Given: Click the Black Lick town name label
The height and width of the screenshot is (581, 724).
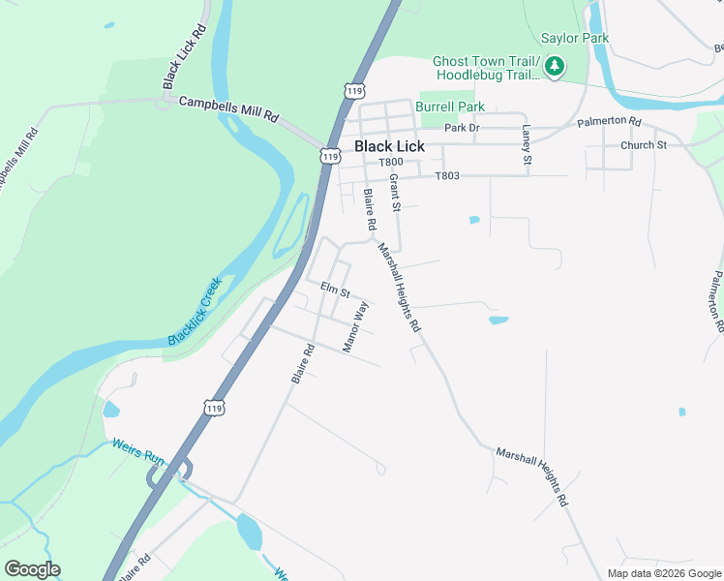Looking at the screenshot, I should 389,146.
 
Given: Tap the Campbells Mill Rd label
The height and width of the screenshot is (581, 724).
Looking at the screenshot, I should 228,108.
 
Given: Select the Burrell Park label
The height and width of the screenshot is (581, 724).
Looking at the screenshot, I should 450,107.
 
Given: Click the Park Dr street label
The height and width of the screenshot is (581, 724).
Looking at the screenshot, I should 462,128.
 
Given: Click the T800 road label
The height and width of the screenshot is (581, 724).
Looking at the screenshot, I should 390,162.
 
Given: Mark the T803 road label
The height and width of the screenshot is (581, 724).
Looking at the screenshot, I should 446,176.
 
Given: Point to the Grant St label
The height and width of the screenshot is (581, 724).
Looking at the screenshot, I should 395,193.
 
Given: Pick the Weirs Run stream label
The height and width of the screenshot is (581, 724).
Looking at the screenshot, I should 138,452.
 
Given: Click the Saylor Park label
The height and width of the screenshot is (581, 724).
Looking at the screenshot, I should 574,38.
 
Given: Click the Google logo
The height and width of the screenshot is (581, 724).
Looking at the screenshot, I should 32,569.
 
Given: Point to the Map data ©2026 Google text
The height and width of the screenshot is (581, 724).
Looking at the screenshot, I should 663,573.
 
